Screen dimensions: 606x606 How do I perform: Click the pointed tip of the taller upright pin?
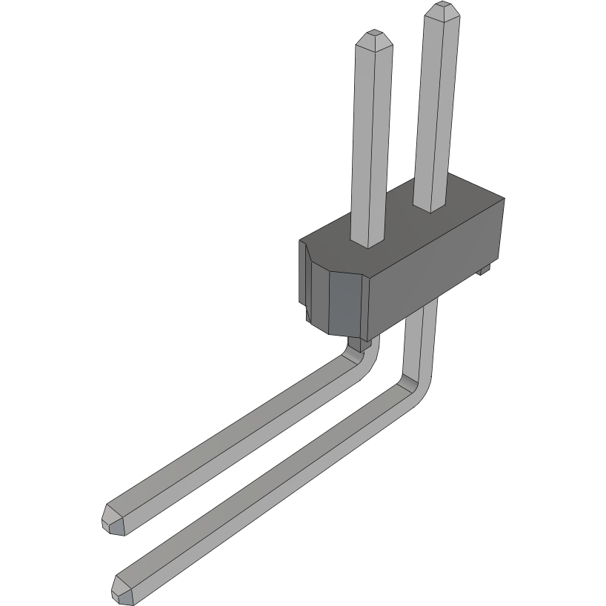click(443, 8)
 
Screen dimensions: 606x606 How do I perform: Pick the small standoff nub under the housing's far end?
click(483, 270)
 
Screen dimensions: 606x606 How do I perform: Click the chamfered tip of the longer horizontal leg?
click(122, 587)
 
